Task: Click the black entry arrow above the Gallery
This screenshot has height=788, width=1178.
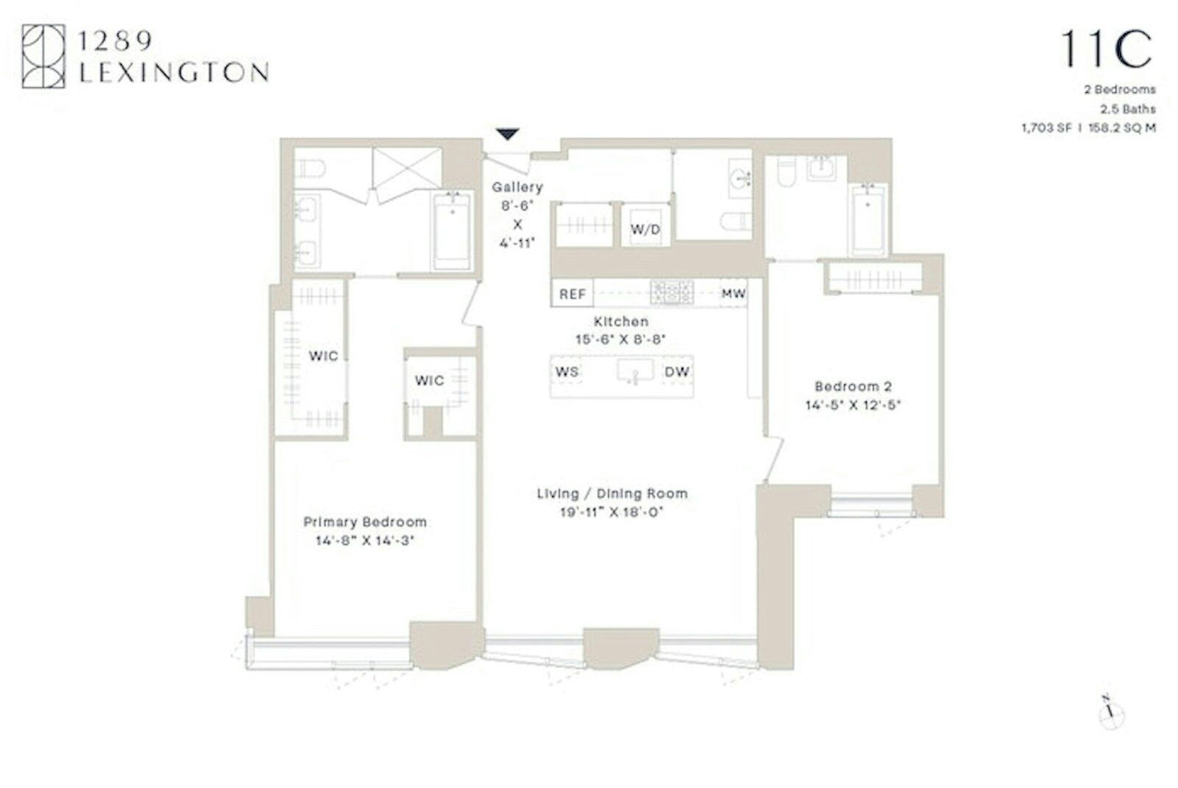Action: point(507,133)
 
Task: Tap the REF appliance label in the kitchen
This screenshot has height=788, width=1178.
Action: point(572,294)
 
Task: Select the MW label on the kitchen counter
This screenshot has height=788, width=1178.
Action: point(733,293)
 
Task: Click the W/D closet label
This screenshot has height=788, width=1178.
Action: point(645,229)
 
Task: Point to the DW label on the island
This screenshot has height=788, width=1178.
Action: point(677,372)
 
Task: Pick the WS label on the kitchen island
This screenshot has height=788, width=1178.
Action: point(567,372)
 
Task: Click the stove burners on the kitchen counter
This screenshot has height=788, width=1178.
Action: point(671,292)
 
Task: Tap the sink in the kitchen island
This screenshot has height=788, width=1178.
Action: point(635,370)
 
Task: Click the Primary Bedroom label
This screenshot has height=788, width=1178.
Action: point(365,522)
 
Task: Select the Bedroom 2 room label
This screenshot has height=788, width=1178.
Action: point(853,386)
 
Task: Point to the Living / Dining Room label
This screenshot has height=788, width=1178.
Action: point(612,493)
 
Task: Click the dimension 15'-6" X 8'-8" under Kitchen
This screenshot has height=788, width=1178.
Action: point(621,340)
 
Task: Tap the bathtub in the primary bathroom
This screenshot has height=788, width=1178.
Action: point(451,231)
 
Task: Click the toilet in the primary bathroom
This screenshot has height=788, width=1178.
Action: point(310,169)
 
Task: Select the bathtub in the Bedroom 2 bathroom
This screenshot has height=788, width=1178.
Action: point(868,219)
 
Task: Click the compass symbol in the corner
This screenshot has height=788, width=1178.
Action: point(1111,714)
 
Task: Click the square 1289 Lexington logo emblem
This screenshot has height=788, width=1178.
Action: point(43,56)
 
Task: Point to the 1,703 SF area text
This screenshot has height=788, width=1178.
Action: point(1046,128)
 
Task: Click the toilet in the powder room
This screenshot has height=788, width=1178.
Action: point(736,222)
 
